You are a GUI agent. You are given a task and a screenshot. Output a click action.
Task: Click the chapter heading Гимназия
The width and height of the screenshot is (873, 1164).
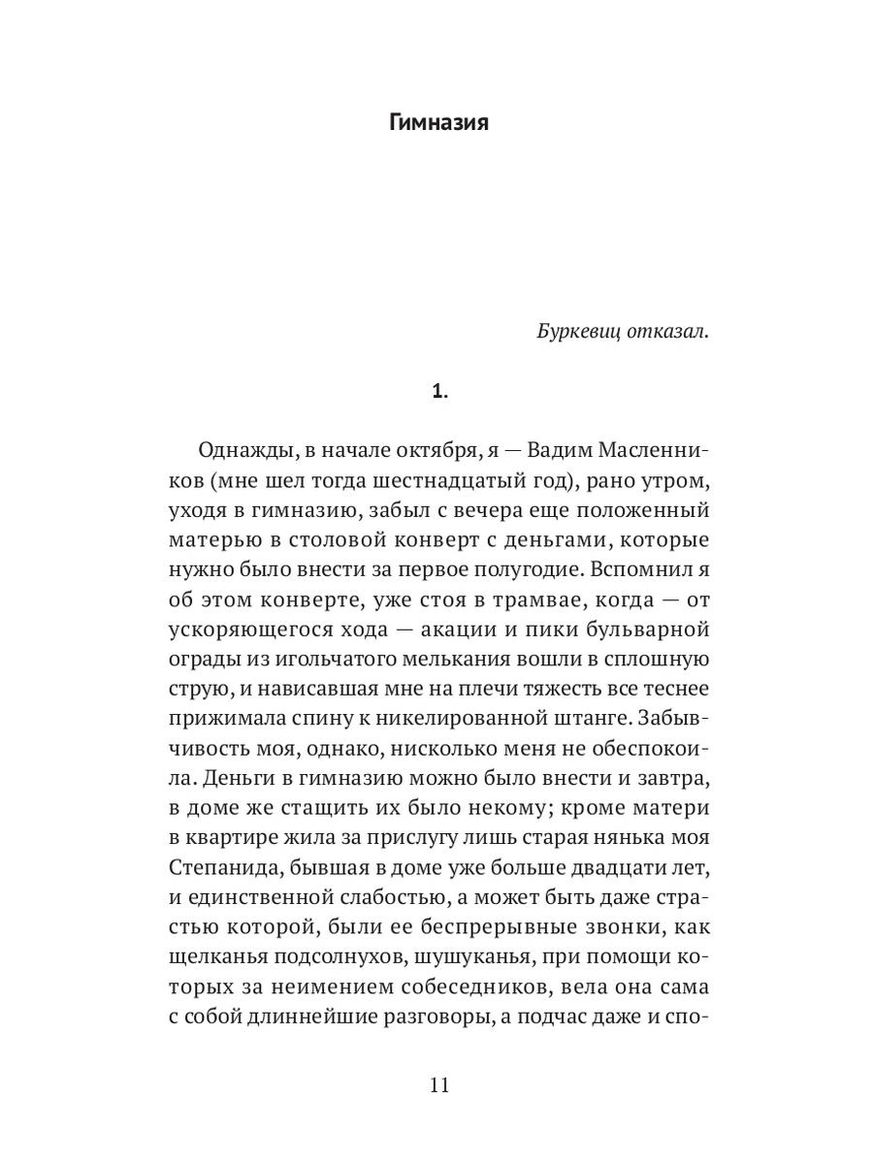(437, 123)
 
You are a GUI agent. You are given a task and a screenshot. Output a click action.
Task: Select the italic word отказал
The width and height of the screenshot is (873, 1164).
(669, 331)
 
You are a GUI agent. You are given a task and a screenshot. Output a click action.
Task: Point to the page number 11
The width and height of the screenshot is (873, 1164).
(438, 1084)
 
